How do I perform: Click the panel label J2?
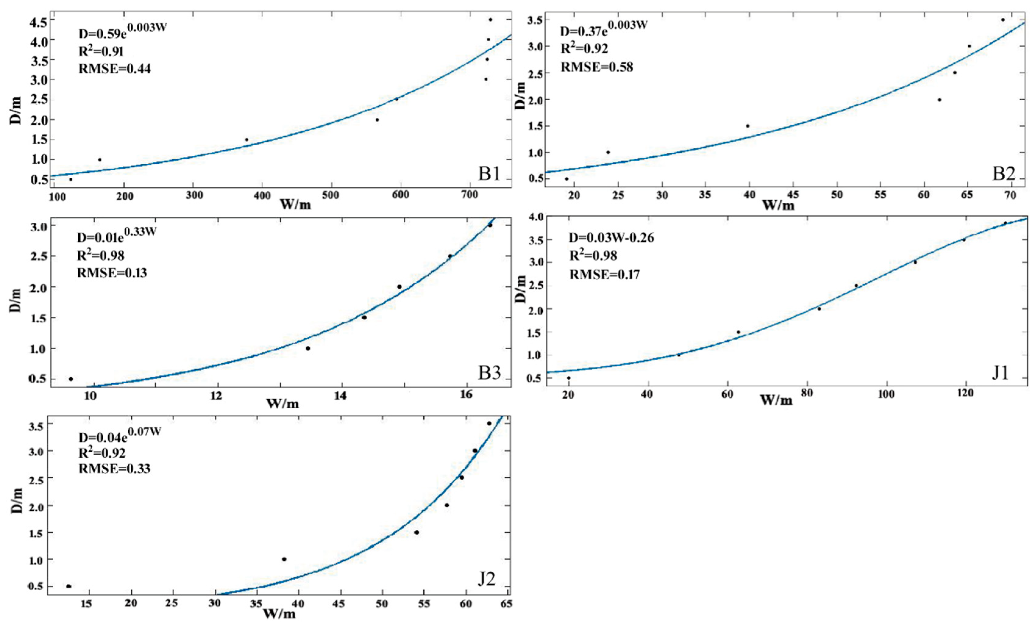tap(487, 579)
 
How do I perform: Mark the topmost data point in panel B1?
tap(490, 20)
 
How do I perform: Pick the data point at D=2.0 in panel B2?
tap(939, 100)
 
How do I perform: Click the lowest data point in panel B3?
tap(71, 379)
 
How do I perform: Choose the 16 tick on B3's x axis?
tap(466, 394)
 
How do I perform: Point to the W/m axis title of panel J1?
tap(776, 400)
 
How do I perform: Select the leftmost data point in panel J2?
tap(69, 586)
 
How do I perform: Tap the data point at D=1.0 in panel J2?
tap(284, 559)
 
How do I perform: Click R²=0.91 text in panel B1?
tap(101, 51)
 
